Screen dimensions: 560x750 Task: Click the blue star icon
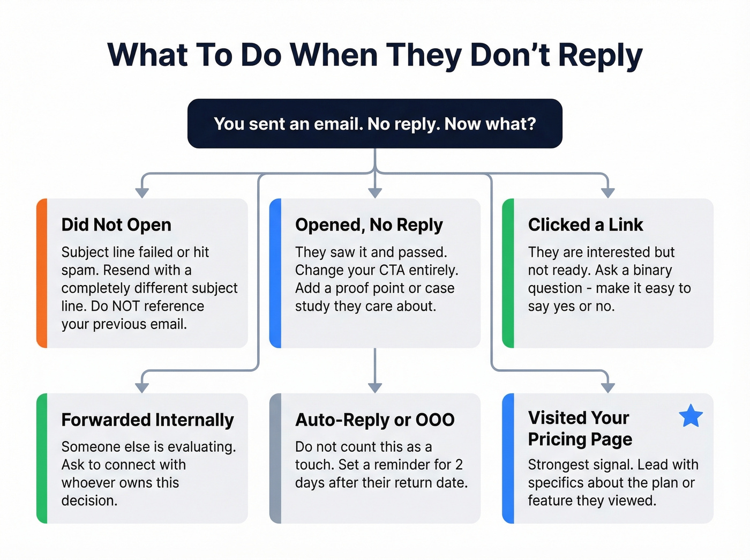click(691, 416)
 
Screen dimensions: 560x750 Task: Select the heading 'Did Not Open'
click(116, 225)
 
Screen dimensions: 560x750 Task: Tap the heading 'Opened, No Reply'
click(369, 225)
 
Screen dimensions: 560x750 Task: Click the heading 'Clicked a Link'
click(586, 225)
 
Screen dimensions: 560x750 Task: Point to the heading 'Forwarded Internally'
click(147, 420)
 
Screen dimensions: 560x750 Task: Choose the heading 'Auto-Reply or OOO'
click(374, 420)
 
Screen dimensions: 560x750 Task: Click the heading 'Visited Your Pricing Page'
click(580, 428)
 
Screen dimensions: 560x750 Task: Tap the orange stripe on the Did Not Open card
click(42, 273)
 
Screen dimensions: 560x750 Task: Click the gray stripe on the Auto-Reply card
click(275, 458)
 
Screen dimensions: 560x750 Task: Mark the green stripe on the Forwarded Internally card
click(42, 458)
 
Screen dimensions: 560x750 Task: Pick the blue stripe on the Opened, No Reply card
click(275, 273)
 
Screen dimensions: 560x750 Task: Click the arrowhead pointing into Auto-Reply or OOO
click(375, 387)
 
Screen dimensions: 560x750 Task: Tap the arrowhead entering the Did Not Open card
click(142, 192)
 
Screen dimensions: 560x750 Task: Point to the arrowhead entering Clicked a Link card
click(607, 192)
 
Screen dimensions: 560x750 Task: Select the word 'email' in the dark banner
click(336, 124)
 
